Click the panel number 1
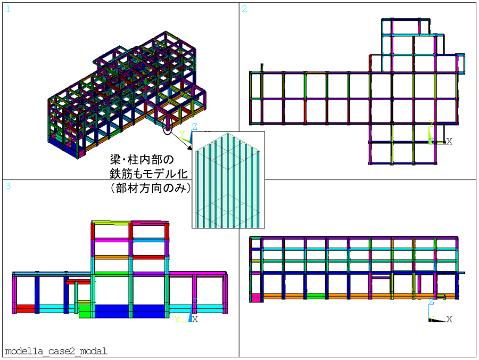pyautogui.click(x=8, y=9)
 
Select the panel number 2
pyautogui.click(x=244, y=9)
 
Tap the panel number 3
pyautogui.click(x=8, y=186)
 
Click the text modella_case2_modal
pyautogui.click(x=56, y=351)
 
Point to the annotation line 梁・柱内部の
pyautogui.click(x=142, y=160)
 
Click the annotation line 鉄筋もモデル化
pyautogui.click(x=148, y=174)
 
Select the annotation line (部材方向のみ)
pyautogui.click(x=150, y=187)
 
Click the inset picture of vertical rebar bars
pyautogui.click(x=228, y=180)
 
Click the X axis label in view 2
pyautogui.click(x=449, y=141)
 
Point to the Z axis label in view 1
pyautogui.click(x=194, y=127)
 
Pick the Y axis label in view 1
pyautogui.click(x=182, y=134)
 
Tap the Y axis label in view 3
pyautogui.click(x=177, y=319)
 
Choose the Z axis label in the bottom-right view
pyautogui.click(x=431, y=302)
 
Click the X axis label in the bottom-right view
pyautogui.click(x=449, y=319)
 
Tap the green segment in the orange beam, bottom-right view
pyautogui.click(x=316, y=296)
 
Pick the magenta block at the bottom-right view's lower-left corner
pyautogui.click(x=256, y=298)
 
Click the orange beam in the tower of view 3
pyautogui.click(x=112, y=258)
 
